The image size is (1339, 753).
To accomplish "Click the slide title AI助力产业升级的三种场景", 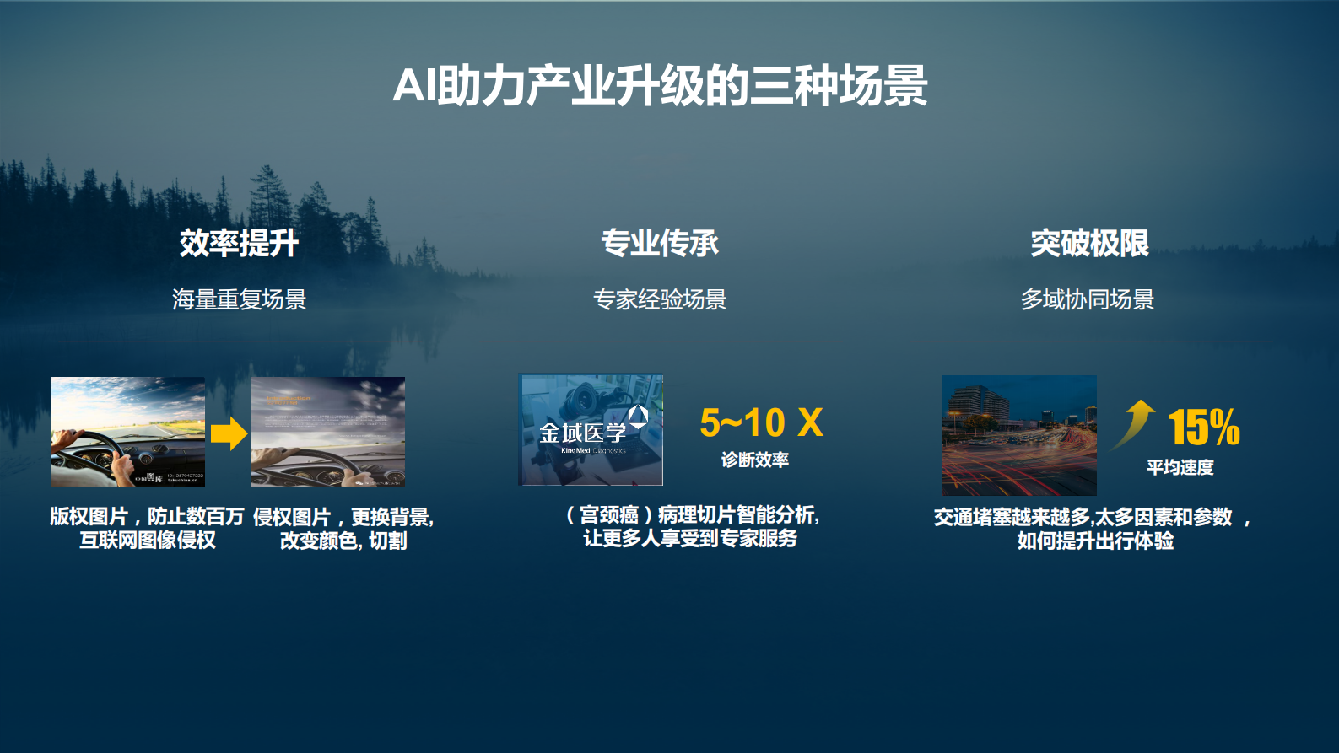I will coord(660,86).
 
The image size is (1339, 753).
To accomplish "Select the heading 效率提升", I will coord(239,243).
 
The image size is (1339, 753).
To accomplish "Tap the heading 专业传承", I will coord(660,243).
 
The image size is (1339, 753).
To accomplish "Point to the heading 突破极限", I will coord(1089,243).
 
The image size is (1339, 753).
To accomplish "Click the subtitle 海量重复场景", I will coord(239,299).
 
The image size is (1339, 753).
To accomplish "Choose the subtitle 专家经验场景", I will coord(660,299).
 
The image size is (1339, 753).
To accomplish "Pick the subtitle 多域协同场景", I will coord(1088,299).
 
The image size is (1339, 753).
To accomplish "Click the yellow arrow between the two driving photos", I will coord(229,434).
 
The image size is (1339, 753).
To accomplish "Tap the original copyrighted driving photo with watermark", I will coord(127,432).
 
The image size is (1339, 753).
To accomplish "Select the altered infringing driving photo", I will coord(328,432).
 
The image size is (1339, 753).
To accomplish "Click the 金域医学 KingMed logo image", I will coord(591,430).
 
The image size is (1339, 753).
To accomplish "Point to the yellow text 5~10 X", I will coord(761,422).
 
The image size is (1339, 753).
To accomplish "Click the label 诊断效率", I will coord(755,460).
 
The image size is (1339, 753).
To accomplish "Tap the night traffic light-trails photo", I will coord(1019,435).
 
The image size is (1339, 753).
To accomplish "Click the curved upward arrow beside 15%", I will coord(1135,422).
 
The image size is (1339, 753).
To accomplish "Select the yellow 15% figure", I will coord(1204,427).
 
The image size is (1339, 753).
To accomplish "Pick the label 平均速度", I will coord(1180,467).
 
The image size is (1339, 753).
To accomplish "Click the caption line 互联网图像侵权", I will coord(148,541).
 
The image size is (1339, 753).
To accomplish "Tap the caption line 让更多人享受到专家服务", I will coord(690,538).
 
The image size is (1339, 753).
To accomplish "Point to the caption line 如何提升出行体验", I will coord(1095,541).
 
